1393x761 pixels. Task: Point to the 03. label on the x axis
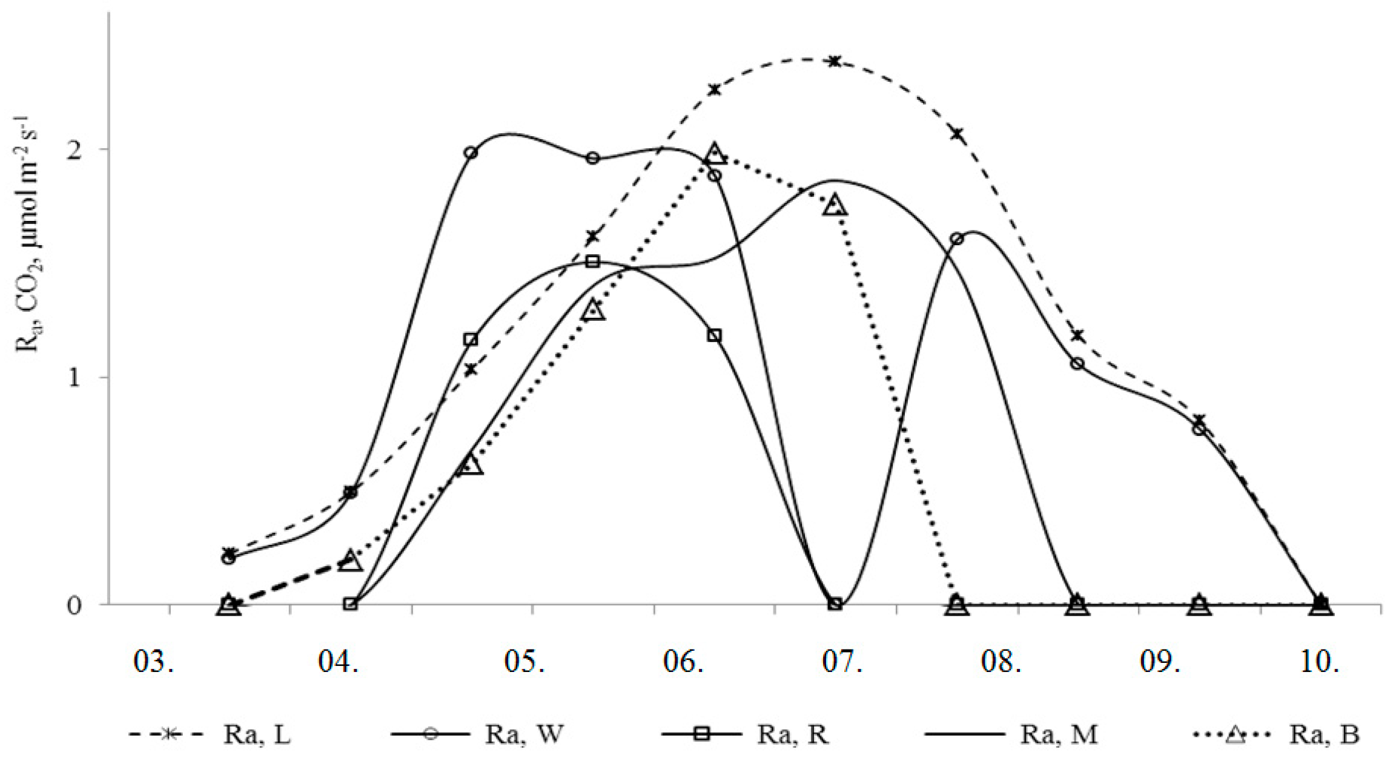tap(154, 662)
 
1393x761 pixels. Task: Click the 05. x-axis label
tap(524, 662)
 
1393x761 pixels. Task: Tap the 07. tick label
tap(842, 662)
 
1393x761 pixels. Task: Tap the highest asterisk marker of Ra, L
tap(835, 61)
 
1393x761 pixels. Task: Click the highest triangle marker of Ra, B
tap(715, 154)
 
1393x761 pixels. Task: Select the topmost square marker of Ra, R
tap(593, 262)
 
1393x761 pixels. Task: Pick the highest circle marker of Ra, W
tap(471, 153)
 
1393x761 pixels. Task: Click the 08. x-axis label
tap(1001, 662)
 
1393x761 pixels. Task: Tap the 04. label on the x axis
tap(339, 662)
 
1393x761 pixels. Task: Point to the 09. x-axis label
tap(1160, 662)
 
